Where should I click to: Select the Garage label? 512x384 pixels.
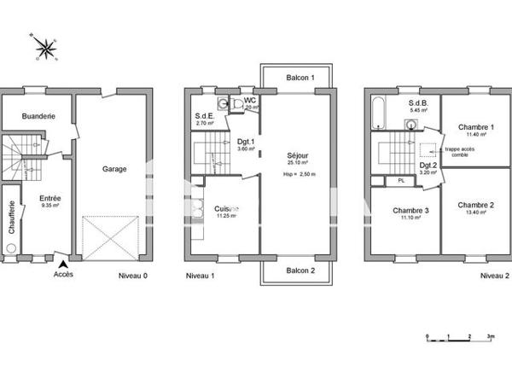click(x=114, y=169)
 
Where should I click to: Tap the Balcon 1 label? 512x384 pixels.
click(x=300, y=78)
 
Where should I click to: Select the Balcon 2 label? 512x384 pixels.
click(x=300, y=271)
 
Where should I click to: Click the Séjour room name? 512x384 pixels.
click(x=300, y=156)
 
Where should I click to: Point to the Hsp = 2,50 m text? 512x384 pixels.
click(x=300, y=174)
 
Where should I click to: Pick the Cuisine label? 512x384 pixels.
click(x=226, y=208)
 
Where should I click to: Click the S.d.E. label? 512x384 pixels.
click(x=205, y=116)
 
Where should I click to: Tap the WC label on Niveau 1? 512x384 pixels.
click(x=250, y=101)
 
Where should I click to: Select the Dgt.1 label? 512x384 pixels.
click(x=245, y=143)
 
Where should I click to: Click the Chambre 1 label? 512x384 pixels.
click(x=476, y=126)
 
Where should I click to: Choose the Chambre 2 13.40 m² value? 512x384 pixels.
click(x=475, y=212)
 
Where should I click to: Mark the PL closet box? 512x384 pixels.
click(x=399, y=181)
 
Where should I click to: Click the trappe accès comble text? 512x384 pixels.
click(x=459, y=152)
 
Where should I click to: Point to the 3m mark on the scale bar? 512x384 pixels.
click(x=491, y=338)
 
